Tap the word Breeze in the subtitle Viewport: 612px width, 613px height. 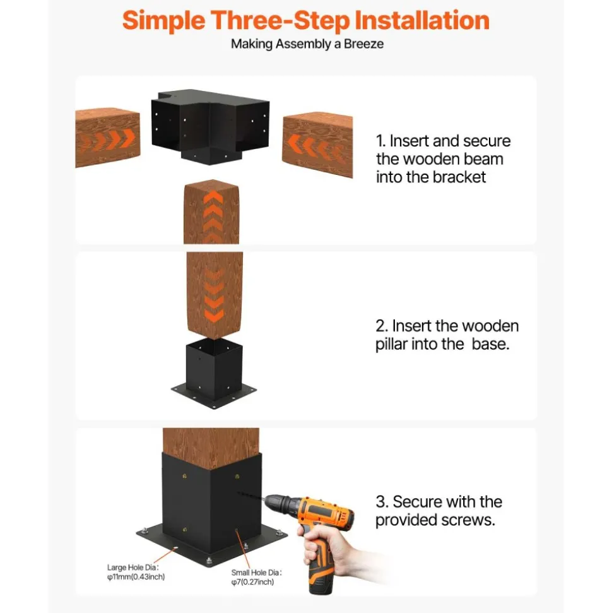[x=363, y=44]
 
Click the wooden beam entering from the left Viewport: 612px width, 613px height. [x=107, y=138]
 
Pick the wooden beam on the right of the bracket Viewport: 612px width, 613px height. [x=317, y=145]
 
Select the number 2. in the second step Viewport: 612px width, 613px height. [x=382, y=326]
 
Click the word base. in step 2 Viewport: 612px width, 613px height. [x=490, y=344]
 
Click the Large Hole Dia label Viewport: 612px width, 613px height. [x=133, y=568]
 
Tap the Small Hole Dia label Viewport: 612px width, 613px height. [x=256, y=573]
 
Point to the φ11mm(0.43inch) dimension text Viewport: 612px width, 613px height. [x=136, y=577]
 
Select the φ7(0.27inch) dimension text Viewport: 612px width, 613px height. [x=252, y=582]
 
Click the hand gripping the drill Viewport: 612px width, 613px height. [x=332, y=545]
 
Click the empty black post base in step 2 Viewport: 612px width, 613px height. [x=214, y=373]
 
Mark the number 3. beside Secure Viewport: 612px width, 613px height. [x=382, y=502]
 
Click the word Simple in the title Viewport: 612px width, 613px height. [x=164, y=21]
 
